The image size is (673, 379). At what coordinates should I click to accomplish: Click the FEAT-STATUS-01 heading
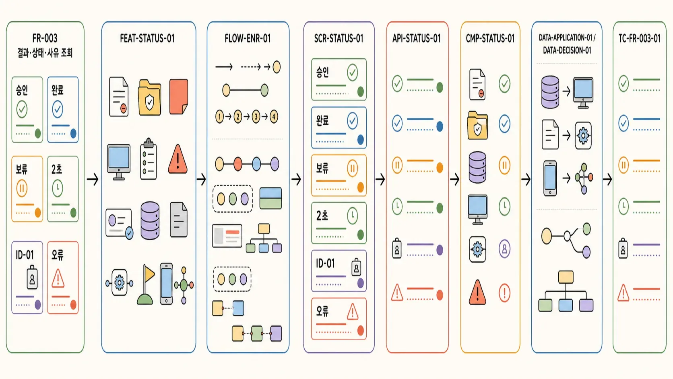[x=147, y=39]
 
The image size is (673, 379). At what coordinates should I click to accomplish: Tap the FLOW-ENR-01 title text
[x=248, y=39]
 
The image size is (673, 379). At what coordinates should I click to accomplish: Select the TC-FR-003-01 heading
[x=639, y=39]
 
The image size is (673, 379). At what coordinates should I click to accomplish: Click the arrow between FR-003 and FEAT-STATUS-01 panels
[x=93, y=180]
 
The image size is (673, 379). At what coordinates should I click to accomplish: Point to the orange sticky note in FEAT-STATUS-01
[x=179, y=97]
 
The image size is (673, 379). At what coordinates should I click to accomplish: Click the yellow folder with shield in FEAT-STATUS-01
[x=150, y=97]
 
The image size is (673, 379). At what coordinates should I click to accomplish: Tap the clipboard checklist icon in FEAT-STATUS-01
[x=149, y=159]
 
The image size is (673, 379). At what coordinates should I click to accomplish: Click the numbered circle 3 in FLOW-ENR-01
[x=256, y=117]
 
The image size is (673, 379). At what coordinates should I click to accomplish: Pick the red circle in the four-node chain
[x=237, y=164]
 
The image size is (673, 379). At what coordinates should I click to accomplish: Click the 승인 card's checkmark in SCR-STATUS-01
[x=353, y=72]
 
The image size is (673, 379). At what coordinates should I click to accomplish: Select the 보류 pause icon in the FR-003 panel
[x=22, y=188]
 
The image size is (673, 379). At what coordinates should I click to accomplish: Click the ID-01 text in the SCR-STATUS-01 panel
[x=325, y=263]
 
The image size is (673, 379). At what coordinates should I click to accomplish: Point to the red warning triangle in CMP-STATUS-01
[x=477, y=292]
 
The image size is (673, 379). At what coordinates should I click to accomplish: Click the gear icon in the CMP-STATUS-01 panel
[x=477, y=249]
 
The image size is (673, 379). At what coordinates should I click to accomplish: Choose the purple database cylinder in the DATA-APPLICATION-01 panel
[x=550, y=92]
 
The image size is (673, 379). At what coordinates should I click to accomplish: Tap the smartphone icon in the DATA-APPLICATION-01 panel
[x=550, y=178]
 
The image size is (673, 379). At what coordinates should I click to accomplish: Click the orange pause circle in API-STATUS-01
[x=397, y=165]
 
